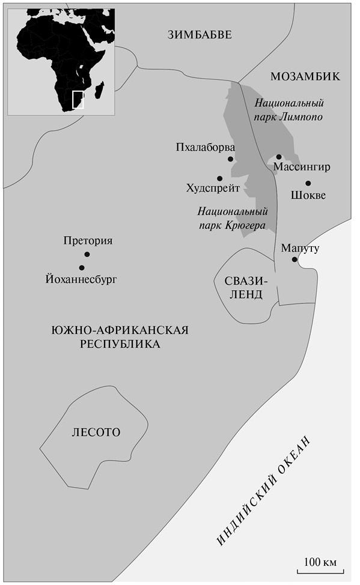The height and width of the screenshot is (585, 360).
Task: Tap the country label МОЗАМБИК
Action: pos(305,76)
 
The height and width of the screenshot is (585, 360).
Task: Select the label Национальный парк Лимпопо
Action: pos(290,109)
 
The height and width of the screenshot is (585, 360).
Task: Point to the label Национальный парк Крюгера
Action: pos(233,219)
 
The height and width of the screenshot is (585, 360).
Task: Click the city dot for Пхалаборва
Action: pos(230,159)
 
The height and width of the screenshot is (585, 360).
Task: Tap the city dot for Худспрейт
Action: pos(220,178)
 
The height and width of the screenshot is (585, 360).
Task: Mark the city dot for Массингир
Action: pos(279,157)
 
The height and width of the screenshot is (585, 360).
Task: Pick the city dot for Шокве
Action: pos(308,183)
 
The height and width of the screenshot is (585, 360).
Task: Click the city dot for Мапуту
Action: pos(294,259)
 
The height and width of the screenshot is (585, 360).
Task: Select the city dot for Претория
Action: pos(87,254)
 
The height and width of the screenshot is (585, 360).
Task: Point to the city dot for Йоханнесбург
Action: pos(81,268)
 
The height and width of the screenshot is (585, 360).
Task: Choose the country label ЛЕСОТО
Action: pos(96,432)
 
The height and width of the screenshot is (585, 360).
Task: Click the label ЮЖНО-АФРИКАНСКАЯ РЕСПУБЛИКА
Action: pos(120,337)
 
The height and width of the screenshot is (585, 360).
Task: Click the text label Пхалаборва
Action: pos(205,148)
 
